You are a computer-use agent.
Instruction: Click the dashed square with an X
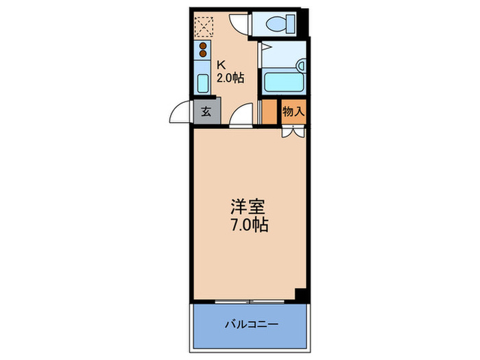204,27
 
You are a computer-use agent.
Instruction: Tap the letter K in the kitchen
221,66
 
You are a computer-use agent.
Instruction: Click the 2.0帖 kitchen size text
230,78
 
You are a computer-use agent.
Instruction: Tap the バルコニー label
249,324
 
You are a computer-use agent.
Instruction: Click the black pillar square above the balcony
299,295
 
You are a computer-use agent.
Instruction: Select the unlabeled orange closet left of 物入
270,112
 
